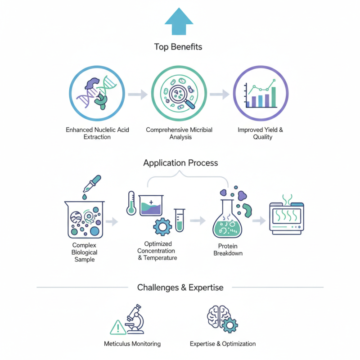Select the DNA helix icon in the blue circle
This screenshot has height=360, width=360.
pyautogui.click(x=97, y=93)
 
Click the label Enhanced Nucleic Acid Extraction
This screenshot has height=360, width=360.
pyautogui.click(x=97, y=133)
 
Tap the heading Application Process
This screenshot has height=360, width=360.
pyautogui.click(x=180, y=163)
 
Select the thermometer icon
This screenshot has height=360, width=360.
pyautogui.click(x=131, y=202)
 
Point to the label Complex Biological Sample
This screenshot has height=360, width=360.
pyautogui.click(x=84, y=252)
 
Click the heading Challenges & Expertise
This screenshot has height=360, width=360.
pyautogui.click(x=180, y=287)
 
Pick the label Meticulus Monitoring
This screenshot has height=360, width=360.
pyautogui.click(x=132, y=344)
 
